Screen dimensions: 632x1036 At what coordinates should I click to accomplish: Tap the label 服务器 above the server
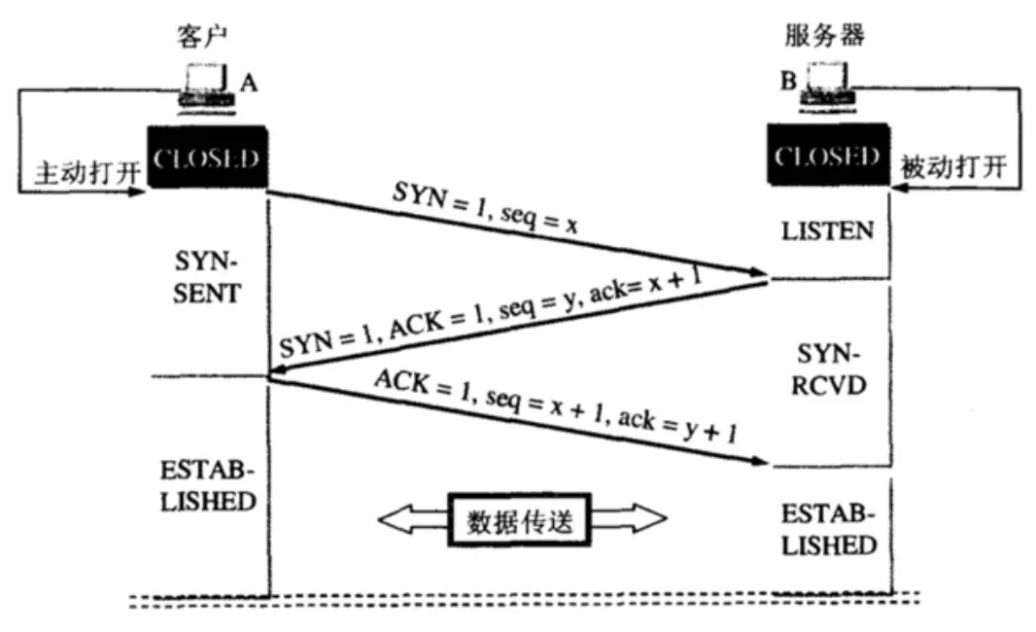(824, 37)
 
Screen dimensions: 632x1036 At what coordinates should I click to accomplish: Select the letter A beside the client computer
(248, 85)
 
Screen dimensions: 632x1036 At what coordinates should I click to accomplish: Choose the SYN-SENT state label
(206, 278)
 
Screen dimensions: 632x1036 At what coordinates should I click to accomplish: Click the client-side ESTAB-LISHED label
(206, 486)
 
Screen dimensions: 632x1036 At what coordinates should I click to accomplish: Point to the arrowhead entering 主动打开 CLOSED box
(140, 192)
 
